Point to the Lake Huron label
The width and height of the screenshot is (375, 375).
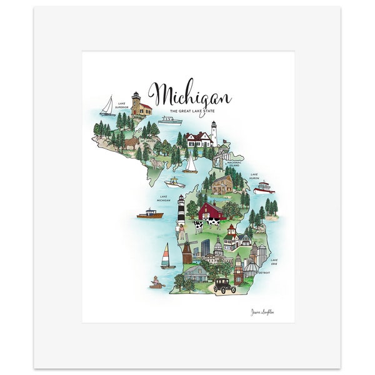point(254,176)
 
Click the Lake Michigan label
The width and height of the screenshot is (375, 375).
point(164,198)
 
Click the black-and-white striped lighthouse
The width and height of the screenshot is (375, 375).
point(181,209)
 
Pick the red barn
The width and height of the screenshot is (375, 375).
point(211,211)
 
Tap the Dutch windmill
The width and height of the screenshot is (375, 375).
point(186,249)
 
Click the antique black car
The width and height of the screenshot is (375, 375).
point(224,285)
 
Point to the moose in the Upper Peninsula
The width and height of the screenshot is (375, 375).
point(131,144)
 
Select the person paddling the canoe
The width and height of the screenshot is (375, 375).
point(155,282)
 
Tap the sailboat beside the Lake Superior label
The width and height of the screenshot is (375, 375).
point(108,106)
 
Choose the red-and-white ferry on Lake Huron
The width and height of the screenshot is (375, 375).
point(264,187)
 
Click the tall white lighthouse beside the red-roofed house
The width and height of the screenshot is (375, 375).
point(213,132)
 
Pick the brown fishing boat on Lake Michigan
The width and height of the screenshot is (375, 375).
point(149,214)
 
